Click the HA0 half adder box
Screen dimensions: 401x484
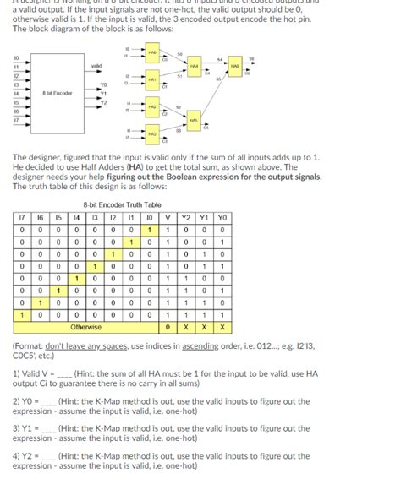point(153,53)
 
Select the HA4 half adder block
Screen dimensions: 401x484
point(195,66)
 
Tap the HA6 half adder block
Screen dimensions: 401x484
point(237,63)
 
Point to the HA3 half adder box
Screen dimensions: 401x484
point(153,133)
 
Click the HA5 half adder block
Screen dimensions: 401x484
point(195,120)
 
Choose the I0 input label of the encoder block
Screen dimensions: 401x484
point(14,57)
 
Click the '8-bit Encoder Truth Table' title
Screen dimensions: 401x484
point(120,204)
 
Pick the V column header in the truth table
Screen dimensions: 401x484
point(170,215)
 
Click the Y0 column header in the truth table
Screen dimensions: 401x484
point(222,215)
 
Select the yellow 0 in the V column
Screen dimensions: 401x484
point(170,326)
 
